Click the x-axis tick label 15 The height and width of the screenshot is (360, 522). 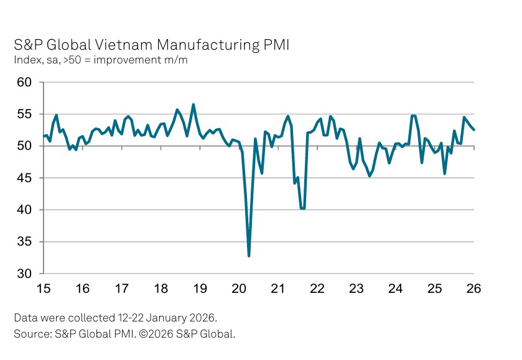[x=44, y=288]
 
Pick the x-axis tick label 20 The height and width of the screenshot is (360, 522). [x=239, y=288]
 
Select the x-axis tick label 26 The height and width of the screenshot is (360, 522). [x=473, y=288]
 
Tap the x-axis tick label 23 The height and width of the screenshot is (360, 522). [x=356, y=288]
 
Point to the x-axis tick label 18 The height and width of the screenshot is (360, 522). [x=161, y=288]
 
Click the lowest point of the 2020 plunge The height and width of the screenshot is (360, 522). [x=249, y=256]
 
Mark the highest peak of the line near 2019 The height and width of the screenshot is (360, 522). [x=193, y=104]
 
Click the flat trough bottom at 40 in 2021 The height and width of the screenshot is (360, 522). [x=302, y=208]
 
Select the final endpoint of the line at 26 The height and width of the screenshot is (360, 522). [x=473, y=129]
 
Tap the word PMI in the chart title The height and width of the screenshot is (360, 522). [x=274, y=45]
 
